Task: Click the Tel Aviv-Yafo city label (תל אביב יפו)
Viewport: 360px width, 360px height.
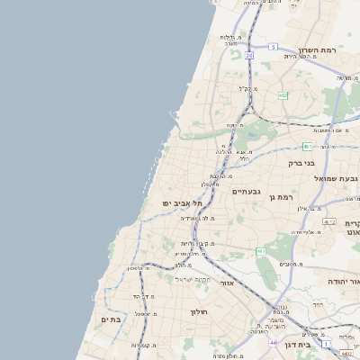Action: pyautogui.click(x=180, y=203)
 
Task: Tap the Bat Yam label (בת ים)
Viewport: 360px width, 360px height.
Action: pyautogui.click(x=111, y=319)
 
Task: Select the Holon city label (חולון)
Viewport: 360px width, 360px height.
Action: pyautogui.click(x=199, y=311)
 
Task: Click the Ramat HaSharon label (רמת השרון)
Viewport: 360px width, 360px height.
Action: pyautogui.click(x=321, y=51)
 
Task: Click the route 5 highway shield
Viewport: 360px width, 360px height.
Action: pyautogui.click(x=273, y=46)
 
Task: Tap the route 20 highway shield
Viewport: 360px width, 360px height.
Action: pyautogui.click(x=248, y=55)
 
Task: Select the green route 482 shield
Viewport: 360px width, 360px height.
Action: pyautogui.click(x=283, y=94)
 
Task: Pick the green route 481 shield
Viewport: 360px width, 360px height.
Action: pyautogui.click(x=308, y=146)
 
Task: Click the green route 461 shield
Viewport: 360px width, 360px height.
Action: pyautogui.click(x=260, y=251)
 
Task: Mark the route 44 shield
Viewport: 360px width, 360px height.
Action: pyautogui.click(x=273, y=343)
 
